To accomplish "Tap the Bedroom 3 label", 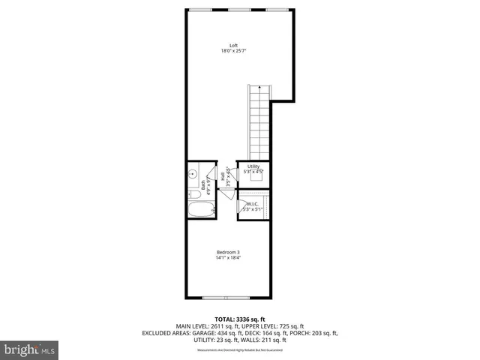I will (228, 251).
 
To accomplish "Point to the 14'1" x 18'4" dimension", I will (228, 259).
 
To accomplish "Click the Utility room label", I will (253, 166).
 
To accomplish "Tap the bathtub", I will (199, 211).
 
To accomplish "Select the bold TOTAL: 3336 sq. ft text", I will (239, 319).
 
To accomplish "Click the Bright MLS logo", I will (29, 349).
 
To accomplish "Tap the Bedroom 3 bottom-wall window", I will (228, 298).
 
